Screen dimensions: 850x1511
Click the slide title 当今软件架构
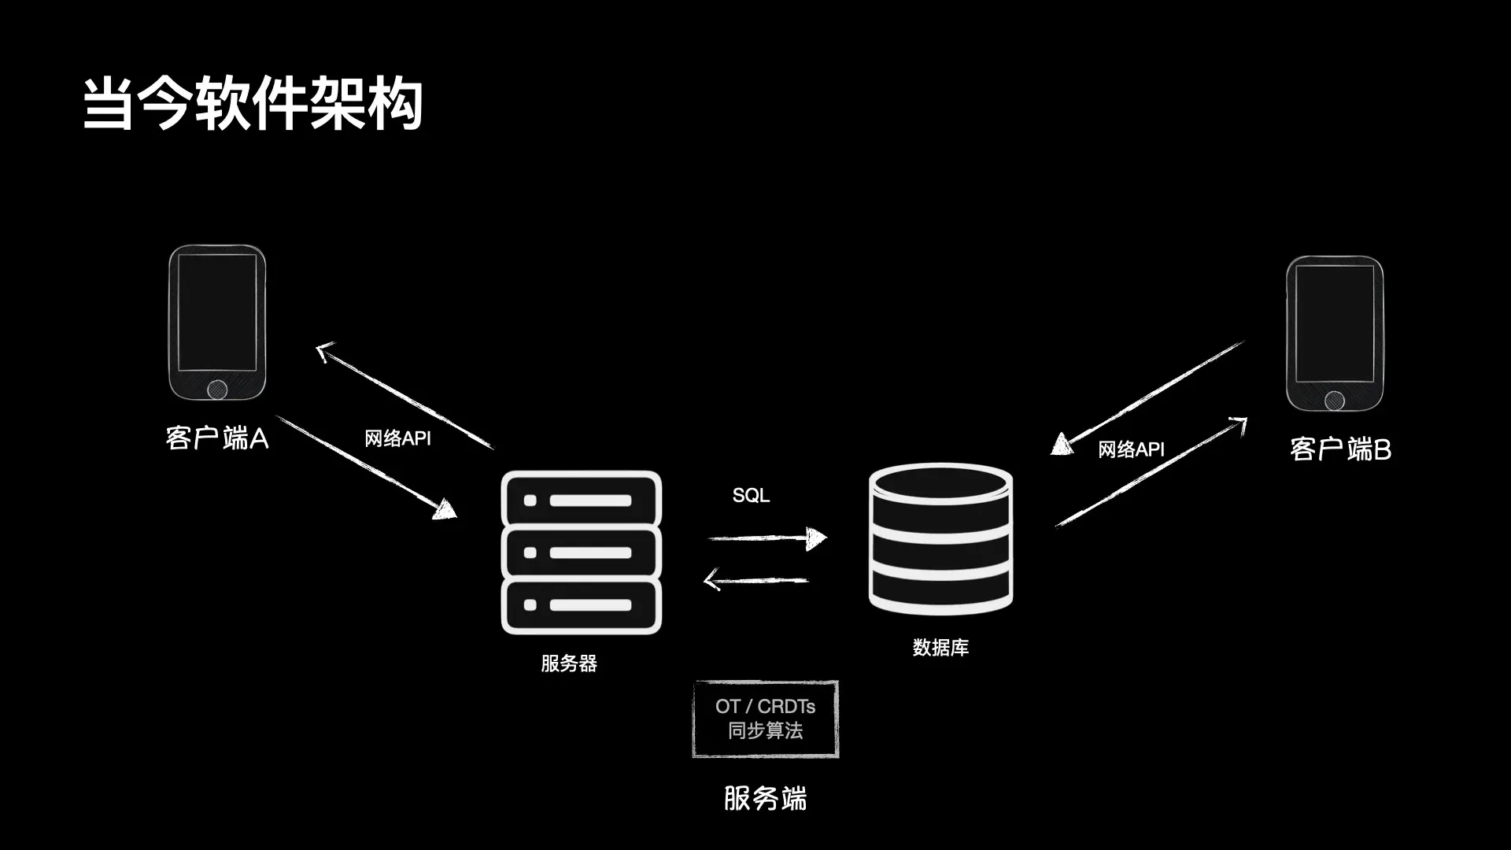point(253,103)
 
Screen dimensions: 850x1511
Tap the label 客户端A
point(217,438)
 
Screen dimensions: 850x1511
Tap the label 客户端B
point(1340,449)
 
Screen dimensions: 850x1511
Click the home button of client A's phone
point(217,389)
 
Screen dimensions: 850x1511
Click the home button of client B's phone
point(1335,401)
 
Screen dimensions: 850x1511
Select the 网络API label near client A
point(397,438)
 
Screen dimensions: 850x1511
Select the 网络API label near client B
point(1131,449)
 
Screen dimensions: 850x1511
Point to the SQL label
point(751,495)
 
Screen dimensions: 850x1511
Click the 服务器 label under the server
point(569,663)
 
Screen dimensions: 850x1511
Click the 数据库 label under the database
point(940,648)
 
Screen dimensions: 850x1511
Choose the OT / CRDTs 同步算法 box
point(766,719)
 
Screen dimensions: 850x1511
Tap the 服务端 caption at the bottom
point(766,799)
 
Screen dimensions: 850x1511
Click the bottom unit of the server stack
point(582,605)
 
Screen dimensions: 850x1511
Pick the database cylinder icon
point(940,539)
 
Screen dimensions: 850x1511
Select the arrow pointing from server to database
point(767,538)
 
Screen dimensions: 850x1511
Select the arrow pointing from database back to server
point(755,581)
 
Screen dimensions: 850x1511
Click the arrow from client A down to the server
point(366,467)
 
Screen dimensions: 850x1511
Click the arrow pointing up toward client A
point(405,396)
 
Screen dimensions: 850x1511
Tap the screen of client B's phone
point(1335,323)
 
